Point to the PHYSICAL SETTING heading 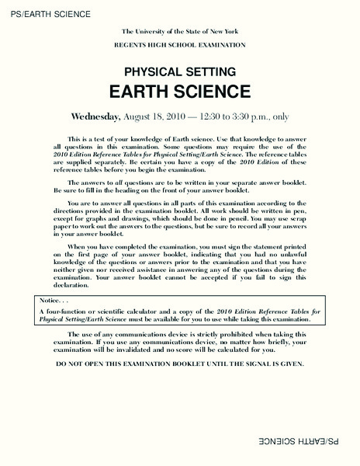pyautogui.click(x=179, y=68)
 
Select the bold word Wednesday pyautogui.click(x=95, y=116)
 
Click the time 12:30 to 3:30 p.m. pyautogui.click(x=229, y=116)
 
